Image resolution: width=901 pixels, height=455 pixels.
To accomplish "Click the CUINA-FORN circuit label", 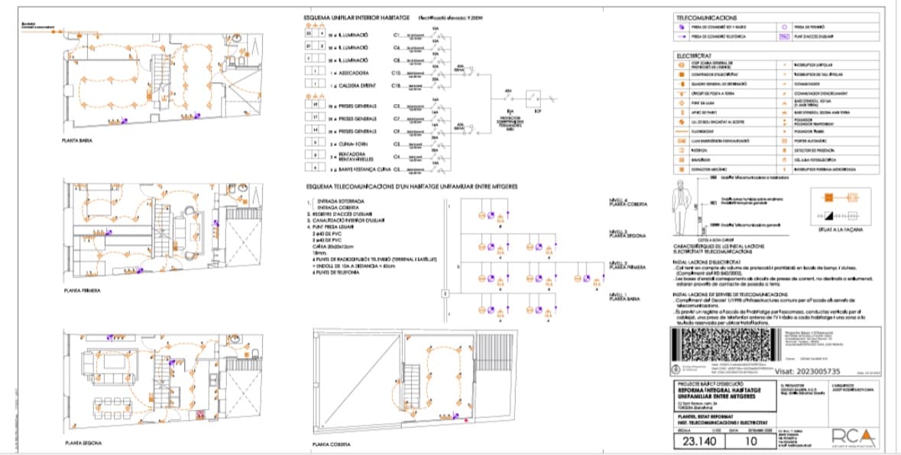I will point(353,144).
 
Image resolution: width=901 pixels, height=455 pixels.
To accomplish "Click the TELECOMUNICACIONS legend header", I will point(705,17).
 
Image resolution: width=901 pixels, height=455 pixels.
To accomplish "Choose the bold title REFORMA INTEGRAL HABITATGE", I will point(709,391).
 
